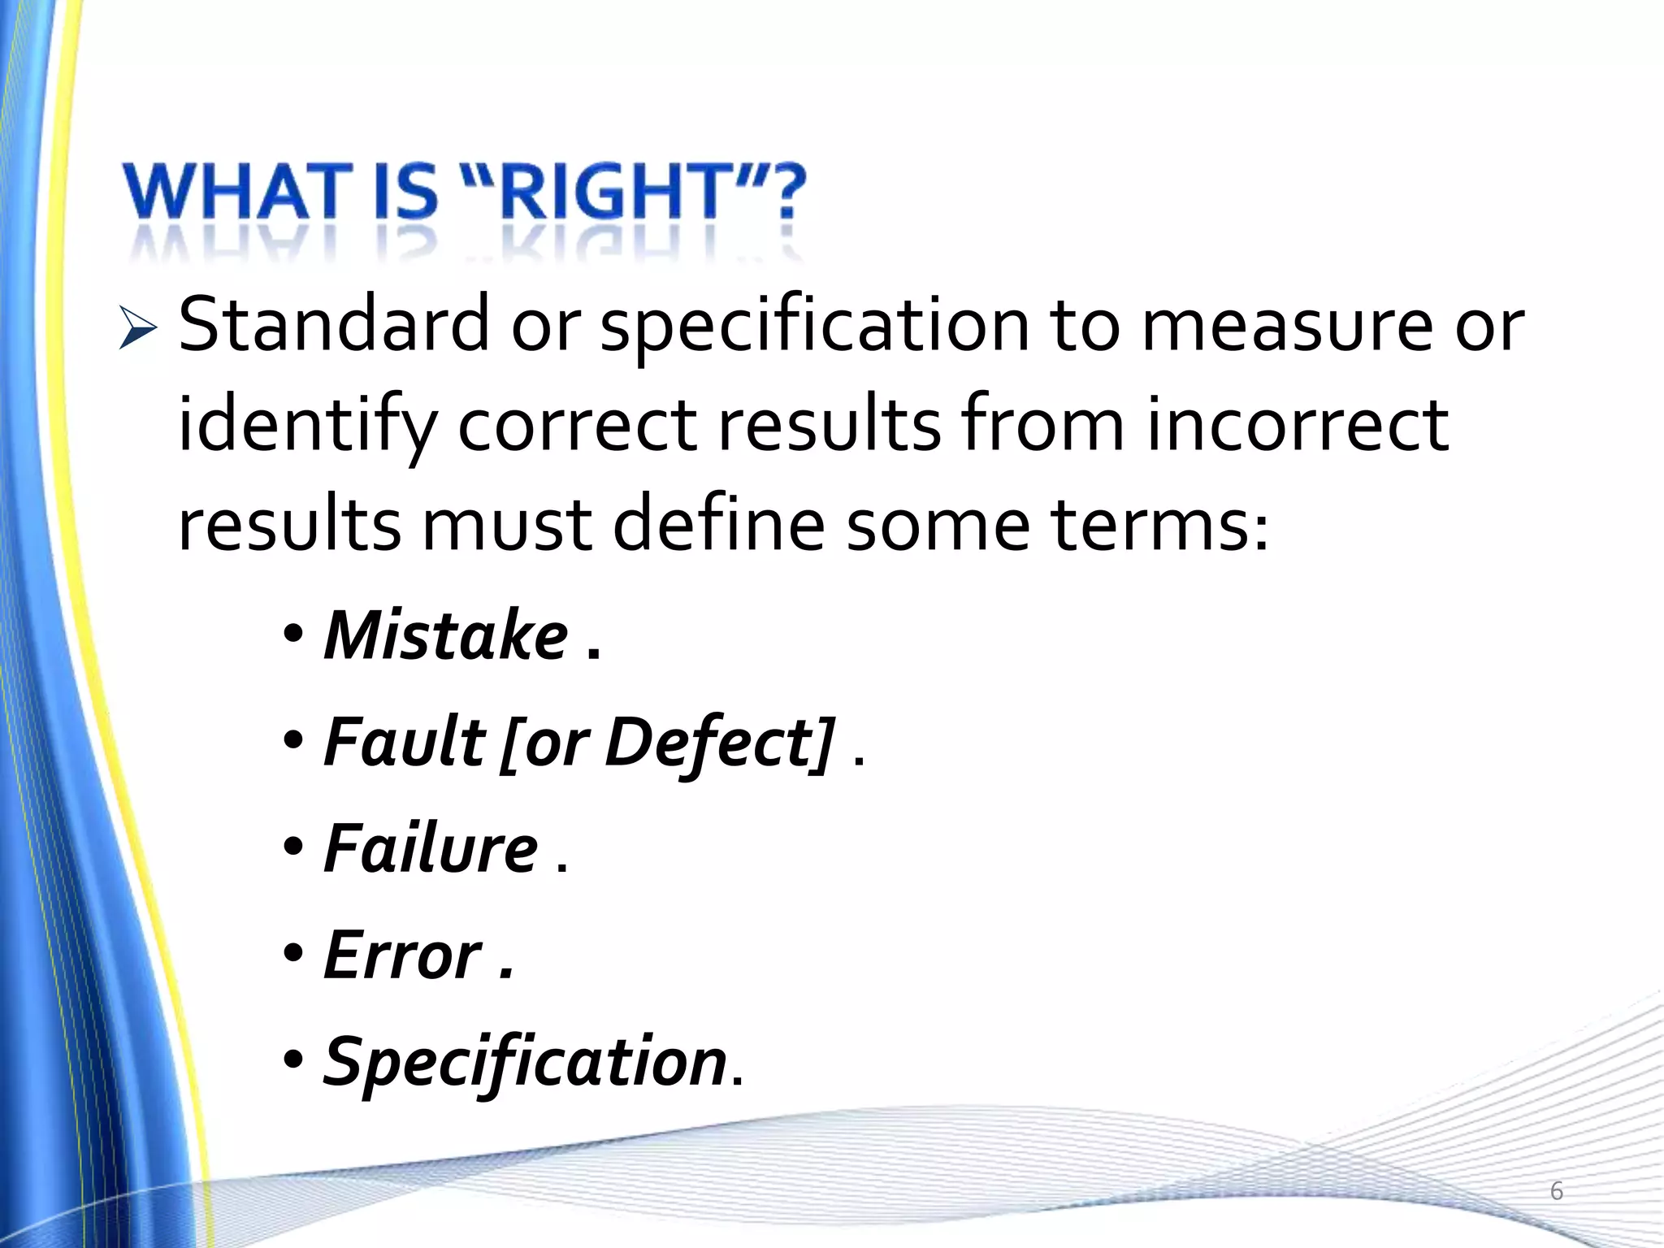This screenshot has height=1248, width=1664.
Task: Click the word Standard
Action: click(334, 325)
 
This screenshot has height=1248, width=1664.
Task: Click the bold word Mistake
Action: click(446, 635)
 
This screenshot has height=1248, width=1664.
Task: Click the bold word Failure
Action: click(431, 848)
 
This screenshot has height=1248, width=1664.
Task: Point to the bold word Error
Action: click(403, 955)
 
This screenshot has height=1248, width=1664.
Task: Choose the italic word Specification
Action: click(525, 1063)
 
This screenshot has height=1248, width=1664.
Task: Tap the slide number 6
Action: click(1557, 1191)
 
